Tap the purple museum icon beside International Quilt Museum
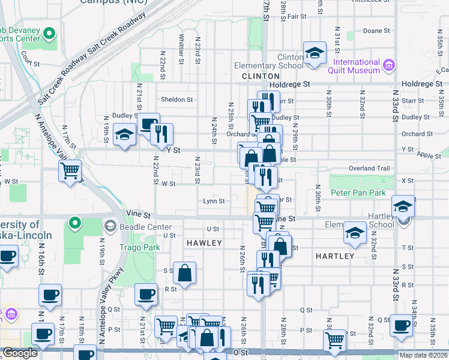(389, 65)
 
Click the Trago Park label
(139, 247)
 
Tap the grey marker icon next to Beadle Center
(110, 226)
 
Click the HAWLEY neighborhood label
(204, 243)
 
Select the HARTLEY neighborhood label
(334, 256)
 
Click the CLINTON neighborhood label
(261, 77)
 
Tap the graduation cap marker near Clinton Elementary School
(314, 53)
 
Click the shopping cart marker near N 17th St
(70, 171)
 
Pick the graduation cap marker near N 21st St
(124, 134)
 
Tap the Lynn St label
(213, 202)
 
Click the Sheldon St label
(176, 100)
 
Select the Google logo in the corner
(20, 353)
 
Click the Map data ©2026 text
(423, 355)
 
